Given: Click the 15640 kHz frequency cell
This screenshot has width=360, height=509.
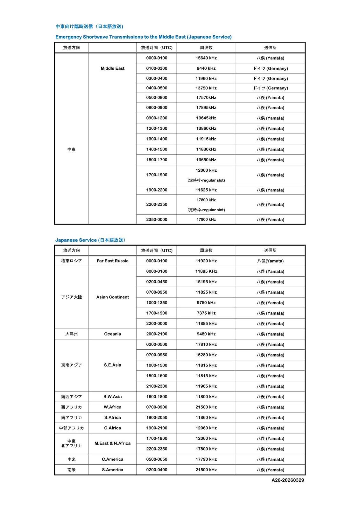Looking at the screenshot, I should point(206,58).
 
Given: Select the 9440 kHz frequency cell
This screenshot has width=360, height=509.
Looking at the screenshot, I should point(206,68).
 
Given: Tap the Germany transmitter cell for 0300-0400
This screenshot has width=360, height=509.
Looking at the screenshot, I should point(270,79).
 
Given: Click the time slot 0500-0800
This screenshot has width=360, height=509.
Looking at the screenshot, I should point(157,98).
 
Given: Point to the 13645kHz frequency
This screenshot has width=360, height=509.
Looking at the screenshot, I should point(206,118).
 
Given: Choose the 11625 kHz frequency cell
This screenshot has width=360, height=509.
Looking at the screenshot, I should point(206,190).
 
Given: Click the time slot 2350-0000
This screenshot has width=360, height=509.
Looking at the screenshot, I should point(157,220).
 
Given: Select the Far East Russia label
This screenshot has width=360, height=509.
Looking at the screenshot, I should point(112,261).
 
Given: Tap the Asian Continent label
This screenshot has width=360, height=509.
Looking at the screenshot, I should point(112,297).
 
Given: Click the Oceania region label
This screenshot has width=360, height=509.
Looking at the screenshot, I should point(112,334).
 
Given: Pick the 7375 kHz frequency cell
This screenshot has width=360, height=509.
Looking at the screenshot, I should point(206,313).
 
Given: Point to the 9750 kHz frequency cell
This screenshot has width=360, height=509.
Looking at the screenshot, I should point(206,303).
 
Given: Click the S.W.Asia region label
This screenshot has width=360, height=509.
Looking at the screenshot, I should point(112,397).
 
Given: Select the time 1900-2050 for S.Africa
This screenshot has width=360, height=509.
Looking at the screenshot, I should point(157,417).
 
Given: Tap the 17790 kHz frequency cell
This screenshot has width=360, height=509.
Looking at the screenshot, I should point(206,459).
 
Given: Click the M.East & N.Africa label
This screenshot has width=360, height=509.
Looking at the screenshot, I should point(112,443).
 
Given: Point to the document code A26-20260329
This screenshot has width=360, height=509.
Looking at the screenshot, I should point(287,480).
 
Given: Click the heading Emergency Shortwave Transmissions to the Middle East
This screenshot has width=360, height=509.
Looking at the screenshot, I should point(143,37).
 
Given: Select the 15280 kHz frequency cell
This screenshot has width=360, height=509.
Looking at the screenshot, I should point(206,355).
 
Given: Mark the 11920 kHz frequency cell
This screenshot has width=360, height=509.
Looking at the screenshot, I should point(206,261).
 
